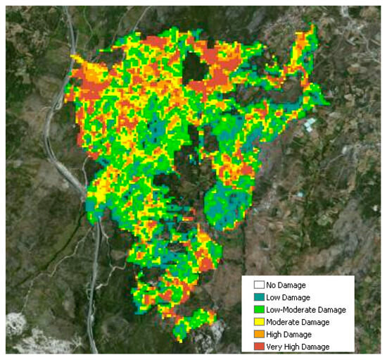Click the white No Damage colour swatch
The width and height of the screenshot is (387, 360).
point(259,285)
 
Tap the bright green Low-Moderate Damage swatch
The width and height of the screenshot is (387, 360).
point(259,310)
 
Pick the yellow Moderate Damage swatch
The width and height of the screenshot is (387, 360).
point(259,322)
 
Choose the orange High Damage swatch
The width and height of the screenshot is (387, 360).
point(259,334)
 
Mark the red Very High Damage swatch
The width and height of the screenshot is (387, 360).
point(259,346)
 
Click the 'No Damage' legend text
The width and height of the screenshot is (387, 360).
point(287,285)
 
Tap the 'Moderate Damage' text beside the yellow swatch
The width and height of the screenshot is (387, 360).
point(297,322)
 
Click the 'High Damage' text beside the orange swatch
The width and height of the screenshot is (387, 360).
point(289,334)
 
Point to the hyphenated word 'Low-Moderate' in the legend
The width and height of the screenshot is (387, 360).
point(291,310)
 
